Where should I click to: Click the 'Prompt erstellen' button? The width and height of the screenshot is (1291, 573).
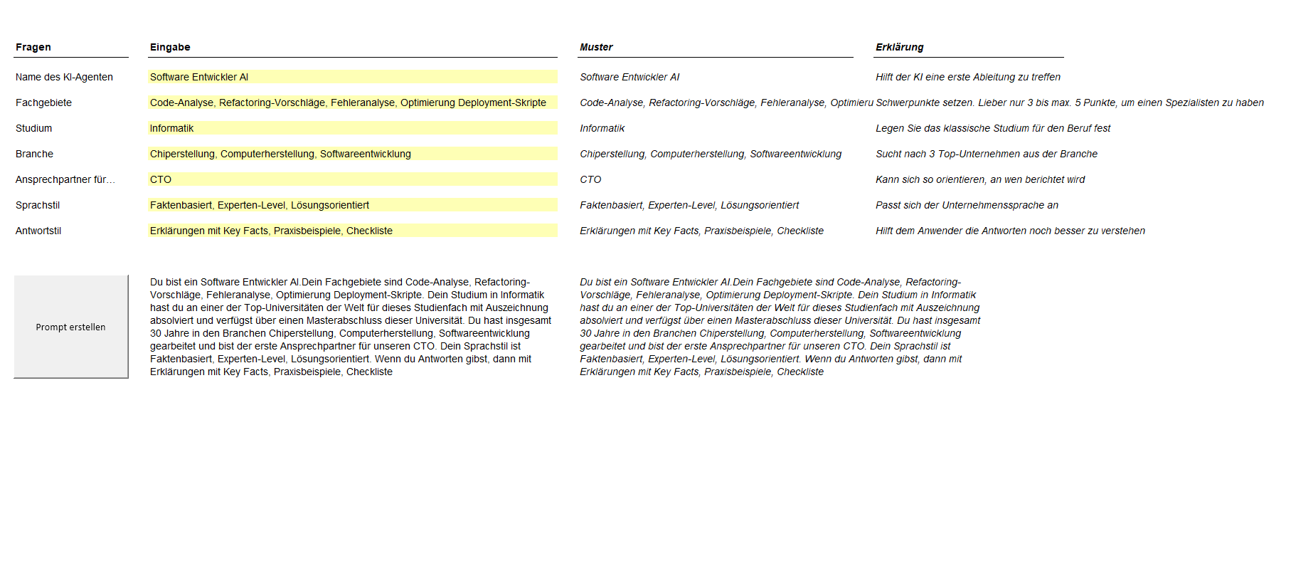pyautogui.click(x=71, y=327)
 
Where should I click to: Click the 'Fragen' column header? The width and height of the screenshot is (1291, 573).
pyautogui.click(x=33, y=47)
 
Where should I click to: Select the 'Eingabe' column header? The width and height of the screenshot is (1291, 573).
pyautogui.click(x=170, y=47)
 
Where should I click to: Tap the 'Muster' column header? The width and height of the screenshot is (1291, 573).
pyautogui.click(x=596, y=47)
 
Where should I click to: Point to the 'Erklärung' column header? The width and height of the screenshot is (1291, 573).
pyautogui.click(x=899, y=47)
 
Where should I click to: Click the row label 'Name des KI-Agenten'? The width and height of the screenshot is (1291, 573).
pyautogui.click(x=64, y=77)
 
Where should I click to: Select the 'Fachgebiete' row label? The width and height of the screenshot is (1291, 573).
pyautogui.click(x=43, y=102)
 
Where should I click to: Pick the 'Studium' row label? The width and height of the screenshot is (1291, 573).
pyautogui.click(x=33, y=128)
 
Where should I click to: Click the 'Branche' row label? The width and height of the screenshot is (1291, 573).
pyautogui.click(x=34, y=154)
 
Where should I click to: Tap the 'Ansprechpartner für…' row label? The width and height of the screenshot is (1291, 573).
pyautogui.click(x=65, y=179)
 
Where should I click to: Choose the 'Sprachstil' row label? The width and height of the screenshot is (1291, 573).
pyautogui.click(x=38, y=205)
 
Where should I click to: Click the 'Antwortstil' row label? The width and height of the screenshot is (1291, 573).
pyautogui.click(x=38, y=231)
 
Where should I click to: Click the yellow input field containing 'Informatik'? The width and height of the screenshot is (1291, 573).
pyautogui.click(x=352, y=128)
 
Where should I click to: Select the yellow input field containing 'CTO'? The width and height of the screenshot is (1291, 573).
pyautogui.click(x=352, y=179)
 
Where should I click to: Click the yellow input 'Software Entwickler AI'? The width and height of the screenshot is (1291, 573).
pyautogui.click(x=352, y=77)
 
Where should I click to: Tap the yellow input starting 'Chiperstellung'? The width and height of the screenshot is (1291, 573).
pyautogui.click(x=352, y=154)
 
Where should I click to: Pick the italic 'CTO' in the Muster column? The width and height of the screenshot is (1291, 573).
pyautogui.click(x=590, y=179)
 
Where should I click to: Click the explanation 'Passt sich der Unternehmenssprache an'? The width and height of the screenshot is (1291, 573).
pyautogui.click(x=967, y=205)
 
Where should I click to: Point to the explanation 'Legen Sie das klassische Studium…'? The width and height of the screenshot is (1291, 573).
pyautogui.click(x=992, y=128)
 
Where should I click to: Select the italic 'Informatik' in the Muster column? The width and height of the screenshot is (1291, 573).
pyautogui.click(x=602, y=128)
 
